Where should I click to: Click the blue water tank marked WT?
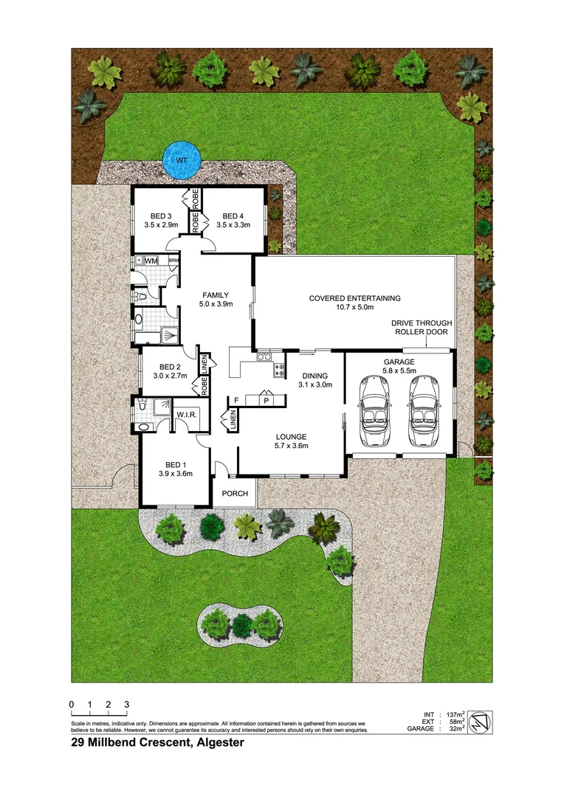tap(181, 159)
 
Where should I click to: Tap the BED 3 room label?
tap(155, 220)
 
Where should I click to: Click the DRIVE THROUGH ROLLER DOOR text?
tap(422, 328)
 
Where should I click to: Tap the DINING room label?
tap(314, 379)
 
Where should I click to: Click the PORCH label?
tap(235, 494)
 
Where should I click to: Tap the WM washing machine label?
tap(151, 261)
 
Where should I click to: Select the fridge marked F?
tap(236, 399)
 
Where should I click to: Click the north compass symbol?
tap(478, 721)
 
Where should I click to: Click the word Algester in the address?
tap(219, 744)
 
